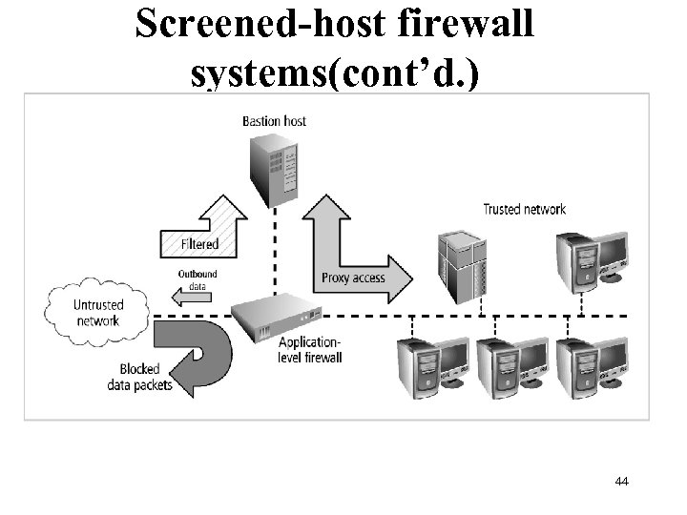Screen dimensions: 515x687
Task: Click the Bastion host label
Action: [274, 121]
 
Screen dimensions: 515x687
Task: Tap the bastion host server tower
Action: [274, 168]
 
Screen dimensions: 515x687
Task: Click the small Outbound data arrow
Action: [196, 295]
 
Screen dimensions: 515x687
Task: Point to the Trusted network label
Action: [524, 210]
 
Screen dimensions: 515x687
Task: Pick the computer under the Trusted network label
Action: [593, 257]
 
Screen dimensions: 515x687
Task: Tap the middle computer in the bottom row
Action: [511, 369]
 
